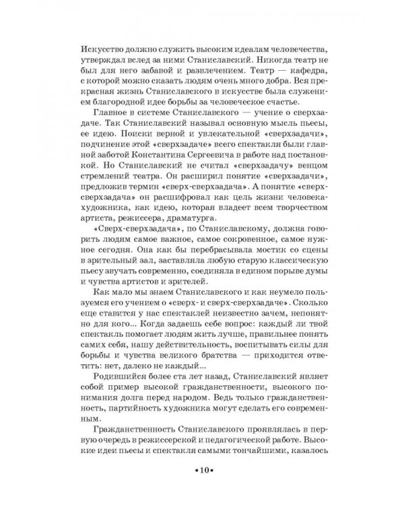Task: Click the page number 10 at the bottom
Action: pyautogui.click(x=202, y=471)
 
